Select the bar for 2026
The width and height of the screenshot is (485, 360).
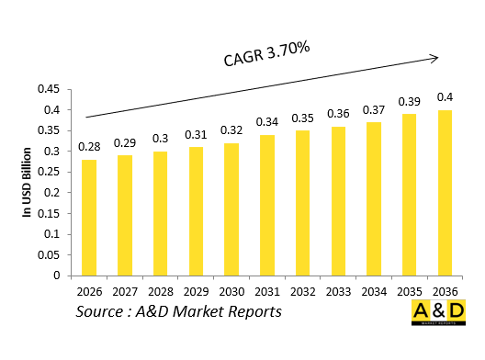(89, 218)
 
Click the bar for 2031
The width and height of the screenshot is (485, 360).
(267, 205)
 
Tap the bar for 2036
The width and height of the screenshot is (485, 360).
(446, 193)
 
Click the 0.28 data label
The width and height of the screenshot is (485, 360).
(89, 147)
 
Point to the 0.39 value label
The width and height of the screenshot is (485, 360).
(410, 101)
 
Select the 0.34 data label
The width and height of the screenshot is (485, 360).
(267, 122)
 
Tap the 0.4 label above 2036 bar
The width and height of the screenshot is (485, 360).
(446, 97)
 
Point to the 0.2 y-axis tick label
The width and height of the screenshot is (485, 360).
(51, 193)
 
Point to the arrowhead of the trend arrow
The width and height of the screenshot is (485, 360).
(434, 58)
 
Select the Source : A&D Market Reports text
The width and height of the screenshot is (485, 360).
(178, 312)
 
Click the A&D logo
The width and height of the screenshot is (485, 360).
(439, 312)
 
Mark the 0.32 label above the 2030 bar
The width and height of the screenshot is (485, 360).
(231, 129)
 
